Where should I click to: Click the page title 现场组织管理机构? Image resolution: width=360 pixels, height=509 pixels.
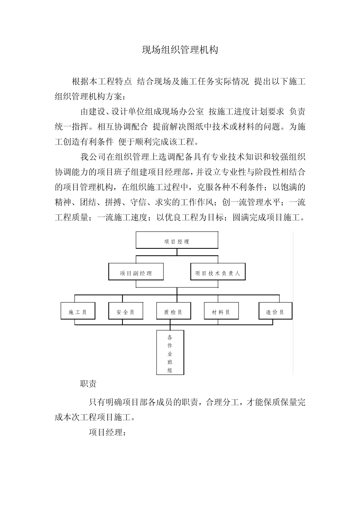click(x=180, y=50)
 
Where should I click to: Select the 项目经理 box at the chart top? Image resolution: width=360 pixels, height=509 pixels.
click(x=177, y=241)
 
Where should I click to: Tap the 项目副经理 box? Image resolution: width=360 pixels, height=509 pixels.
click(x=136, y=273)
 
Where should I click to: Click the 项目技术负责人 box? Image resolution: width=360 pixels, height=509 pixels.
click(x=218, y=273)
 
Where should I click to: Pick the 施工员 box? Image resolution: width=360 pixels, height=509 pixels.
click(x=78, y=312)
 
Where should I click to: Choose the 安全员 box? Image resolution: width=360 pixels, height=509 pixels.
click(x=125, y=312)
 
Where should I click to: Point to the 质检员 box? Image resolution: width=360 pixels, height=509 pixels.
click(x=173, y=312)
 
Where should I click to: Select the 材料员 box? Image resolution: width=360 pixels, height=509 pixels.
click(x=221, y=312)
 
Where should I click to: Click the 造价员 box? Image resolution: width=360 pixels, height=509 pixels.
click(x=275, y=312)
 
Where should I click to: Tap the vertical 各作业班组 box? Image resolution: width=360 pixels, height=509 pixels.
click(x=170, y=352)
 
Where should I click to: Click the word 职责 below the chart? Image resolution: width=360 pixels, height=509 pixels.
click(x=88, y=384)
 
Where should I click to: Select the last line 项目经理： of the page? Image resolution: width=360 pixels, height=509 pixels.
click(x=107, y=432)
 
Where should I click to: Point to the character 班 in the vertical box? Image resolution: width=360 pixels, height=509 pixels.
click(x=170, y=362)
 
